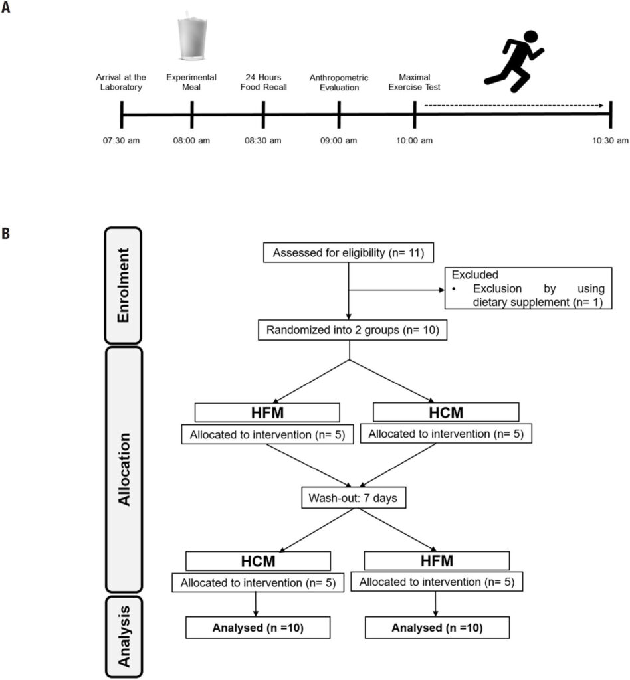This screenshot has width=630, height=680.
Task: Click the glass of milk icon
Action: coord(191,41)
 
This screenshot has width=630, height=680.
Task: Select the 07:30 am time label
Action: coord(121,141)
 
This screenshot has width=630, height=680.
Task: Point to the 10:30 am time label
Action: coord(610,141)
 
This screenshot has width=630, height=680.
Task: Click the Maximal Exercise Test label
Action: coord(415,82)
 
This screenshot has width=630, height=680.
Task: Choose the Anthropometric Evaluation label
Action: coord(339,82)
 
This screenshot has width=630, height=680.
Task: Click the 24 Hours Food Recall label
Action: coord(264,82)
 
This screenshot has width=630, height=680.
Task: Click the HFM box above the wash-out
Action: coord(266,412)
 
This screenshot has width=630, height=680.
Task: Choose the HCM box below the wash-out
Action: coord(258,560)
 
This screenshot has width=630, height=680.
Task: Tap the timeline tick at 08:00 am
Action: coord(191,114)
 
